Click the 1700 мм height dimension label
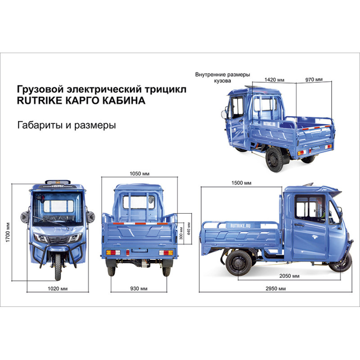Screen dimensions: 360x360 point(8,232)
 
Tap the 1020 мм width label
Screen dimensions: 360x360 point(58,288)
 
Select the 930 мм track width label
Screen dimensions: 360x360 point(139,288)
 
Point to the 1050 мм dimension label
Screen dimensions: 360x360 point(139,174)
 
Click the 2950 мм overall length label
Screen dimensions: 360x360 point(275,288)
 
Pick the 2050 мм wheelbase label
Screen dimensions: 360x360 point(289,276)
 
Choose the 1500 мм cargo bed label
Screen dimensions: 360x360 point(241,183)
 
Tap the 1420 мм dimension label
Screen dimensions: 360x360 point(274,80)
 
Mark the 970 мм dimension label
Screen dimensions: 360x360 point(314,80)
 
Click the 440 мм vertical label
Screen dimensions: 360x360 point(189,229)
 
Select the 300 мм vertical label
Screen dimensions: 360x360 point(181,233)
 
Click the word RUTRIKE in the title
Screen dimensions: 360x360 point(40,100)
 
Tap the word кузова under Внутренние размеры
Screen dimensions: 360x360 point(222,81)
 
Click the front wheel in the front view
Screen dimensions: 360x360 point(58,266)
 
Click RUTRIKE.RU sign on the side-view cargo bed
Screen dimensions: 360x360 point(240,226)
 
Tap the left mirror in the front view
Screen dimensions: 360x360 point(25,217)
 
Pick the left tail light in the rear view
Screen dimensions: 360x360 point(113,253)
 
